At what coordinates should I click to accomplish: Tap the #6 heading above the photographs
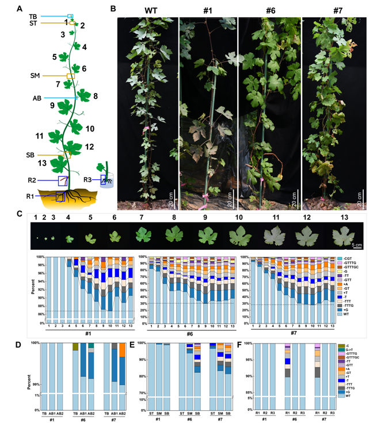(x=269, y=10)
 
